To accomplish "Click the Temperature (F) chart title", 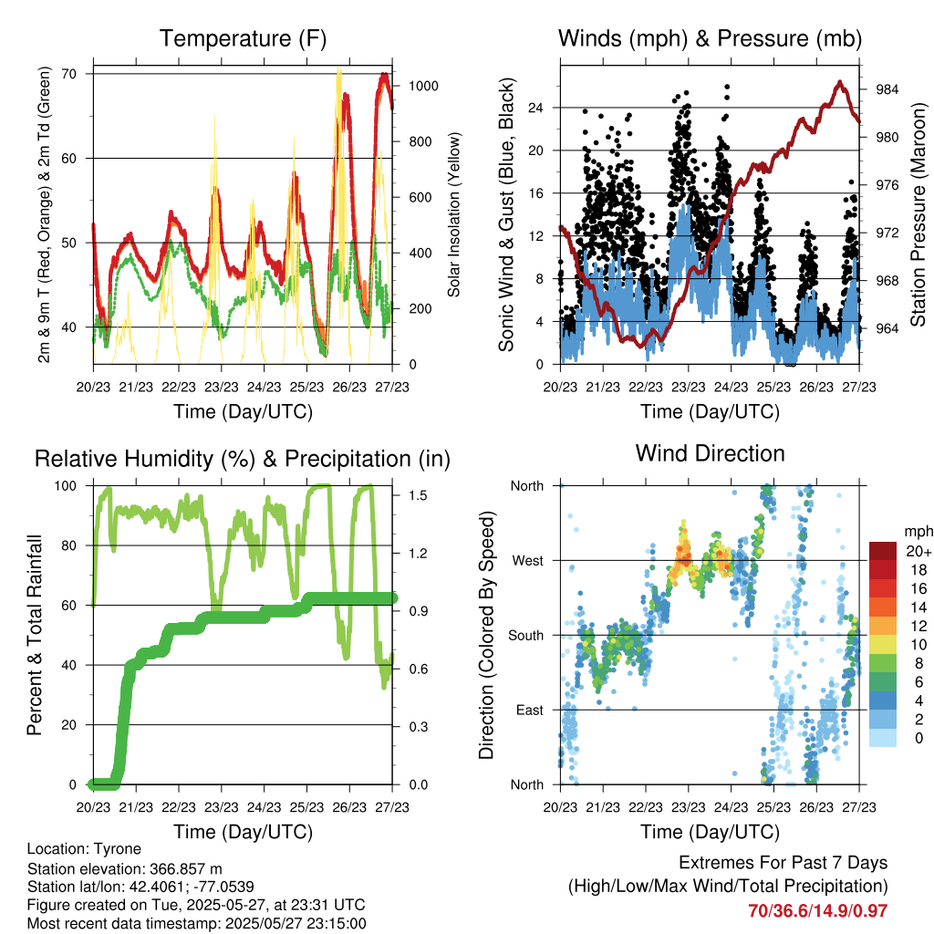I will (x=243, y=38).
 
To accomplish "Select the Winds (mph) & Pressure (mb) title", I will (x=710, y=38).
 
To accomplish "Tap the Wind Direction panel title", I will (x=710, y=453).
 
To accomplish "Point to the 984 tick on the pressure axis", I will (x=888, y=89).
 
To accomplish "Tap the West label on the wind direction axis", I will (x=526, y=561).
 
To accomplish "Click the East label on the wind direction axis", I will (x=528, y=710).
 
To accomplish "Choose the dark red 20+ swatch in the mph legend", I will (x=883, y=551).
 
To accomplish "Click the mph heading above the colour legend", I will (x=917, y=531).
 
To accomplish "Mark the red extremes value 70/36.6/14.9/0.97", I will (x=817, y=910).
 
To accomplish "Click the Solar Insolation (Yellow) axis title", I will (x=453, y=215).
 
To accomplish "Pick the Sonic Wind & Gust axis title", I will (x=507, y=215).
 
